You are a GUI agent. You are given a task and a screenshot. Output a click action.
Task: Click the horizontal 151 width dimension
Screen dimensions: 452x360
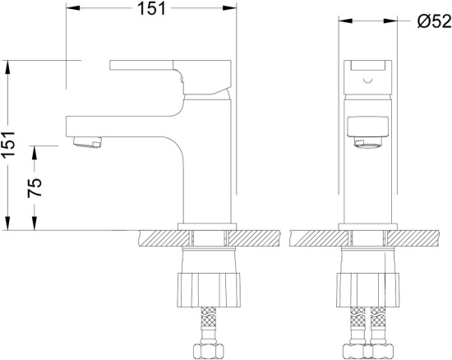(x=152, y=8)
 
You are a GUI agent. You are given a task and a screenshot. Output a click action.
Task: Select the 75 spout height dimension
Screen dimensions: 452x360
(x=35, y=187)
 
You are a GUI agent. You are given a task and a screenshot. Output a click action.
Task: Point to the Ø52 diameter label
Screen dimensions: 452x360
(x=434, y=21)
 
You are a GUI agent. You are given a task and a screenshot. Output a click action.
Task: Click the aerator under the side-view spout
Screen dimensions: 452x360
(x=88, y=142)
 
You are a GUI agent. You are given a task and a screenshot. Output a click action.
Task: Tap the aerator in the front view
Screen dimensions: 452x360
(x=368, y=143)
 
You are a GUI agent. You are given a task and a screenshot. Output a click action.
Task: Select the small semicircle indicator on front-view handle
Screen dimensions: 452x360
(x=368, y=80)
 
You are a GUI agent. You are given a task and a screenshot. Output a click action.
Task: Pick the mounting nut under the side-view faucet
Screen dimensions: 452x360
(x=209, y=289)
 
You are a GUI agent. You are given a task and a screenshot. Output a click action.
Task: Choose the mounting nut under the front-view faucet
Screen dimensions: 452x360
(x=368, y=289)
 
